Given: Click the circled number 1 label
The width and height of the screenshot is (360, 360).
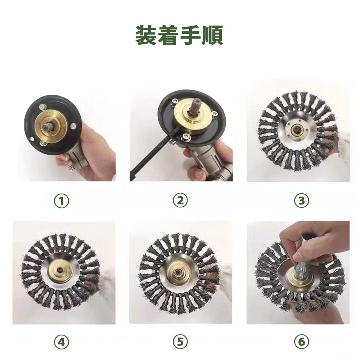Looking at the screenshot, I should coord(62,201).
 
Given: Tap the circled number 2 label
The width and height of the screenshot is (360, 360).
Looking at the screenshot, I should coord(180,201).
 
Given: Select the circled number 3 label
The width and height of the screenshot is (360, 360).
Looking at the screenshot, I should coord(301,201).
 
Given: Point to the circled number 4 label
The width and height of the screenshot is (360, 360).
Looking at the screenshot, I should coord(62,342).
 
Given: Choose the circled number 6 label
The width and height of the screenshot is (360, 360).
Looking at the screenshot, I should coord(301,342).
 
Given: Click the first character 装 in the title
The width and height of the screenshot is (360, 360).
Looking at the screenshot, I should coord(147,35).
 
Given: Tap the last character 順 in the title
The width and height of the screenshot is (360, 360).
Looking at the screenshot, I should coord(212,35).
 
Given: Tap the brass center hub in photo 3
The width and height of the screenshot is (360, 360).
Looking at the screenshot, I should coord(297,130).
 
